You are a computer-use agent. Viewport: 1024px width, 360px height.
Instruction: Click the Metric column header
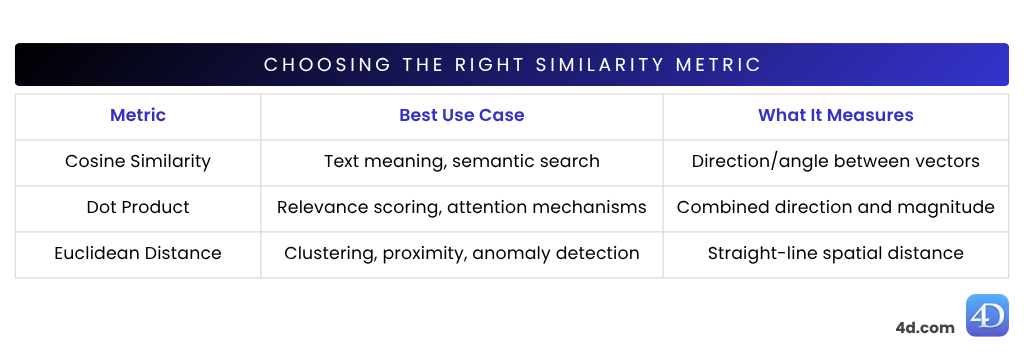click(138, 115)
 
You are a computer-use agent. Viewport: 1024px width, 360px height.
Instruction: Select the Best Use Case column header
click(461, 115)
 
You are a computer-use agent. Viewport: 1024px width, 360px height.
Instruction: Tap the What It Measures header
click(835, 115)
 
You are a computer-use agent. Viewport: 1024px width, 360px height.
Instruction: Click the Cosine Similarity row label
click(138, 161)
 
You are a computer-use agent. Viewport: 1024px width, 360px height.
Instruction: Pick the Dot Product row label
click(138, 207)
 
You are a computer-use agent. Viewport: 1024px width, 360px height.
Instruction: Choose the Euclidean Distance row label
click(138, 253)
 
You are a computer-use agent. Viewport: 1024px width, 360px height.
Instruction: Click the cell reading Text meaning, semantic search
click(461, 161)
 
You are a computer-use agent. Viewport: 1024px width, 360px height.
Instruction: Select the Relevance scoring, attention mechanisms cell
click(461, 207)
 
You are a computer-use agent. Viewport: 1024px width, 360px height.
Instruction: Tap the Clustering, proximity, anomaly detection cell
click(461, 253)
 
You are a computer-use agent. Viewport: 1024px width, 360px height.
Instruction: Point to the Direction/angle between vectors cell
click(835, 161)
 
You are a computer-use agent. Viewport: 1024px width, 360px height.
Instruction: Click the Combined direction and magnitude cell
click(835, 207)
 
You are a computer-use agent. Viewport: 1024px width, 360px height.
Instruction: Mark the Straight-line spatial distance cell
click(835, 253)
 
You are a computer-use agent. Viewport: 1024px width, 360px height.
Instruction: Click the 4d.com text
click(924, 327)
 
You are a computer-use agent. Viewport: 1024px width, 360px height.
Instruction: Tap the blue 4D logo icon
click(987, 316)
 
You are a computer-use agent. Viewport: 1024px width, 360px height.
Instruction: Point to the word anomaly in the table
click(510, 254)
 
